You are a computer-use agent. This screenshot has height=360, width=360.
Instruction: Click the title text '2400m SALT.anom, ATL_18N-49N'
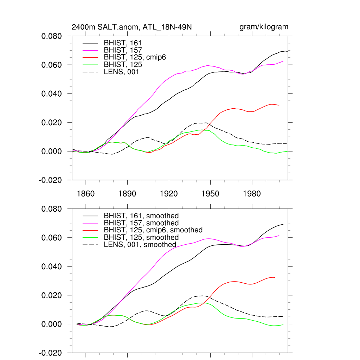[x=132, y=27]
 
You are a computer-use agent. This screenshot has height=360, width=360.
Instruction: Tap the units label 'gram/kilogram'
[x=264, y=27]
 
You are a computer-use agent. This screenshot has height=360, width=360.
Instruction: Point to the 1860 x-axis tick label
[x=86, y=194]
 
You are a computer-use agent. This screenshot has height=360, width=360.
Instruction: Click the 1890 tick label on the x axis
[x=127, y=194]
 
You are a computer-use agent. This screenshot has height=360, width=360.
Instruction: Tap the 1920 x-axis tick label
[x=169, y=194]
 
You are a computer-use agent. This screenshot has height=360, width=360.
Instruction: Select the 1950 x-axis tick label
[x=210, y=194]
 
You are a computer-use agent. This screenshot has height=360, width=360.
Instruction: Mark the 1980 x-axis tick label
[x=252, y=194]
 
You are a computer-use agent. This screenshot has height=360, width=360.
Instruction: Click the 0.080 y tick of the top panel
[x=52, y=36]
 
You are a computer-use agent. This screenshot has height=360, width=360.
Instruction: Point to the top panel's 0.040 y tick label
[x=52, y=94]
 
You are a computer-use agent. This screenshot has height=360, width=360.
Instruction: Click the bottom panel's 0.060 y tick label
[x=52, y=238]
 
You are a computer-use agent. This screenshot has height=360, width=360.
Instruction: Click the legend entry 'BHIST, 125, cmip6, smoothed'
[x=153, y=230]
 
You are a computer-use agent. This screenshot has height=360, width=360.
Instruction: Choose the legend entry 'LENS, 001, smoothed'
[x=140, y=245]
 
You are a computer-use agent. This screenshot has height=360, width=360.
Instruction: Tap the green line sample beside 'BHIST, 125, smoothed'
[x=91, y=237]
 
